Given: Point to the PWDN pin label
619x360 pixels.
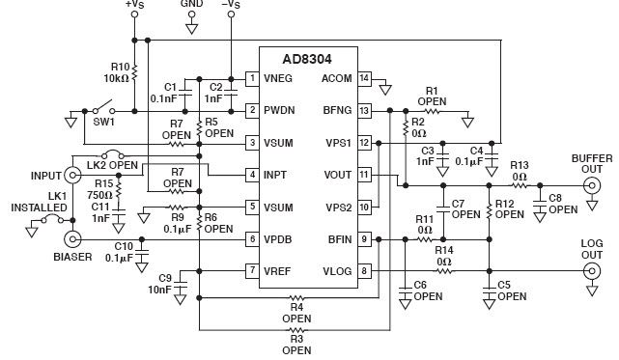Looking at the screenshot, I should (281, 111).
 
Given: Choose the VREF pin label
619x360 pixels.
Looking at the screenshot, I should (279, 270).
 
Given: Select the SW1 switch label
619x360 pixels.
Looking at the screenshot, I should (105, 123).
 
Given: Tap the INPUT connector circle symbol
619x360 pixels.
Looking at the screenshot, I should (70, 175).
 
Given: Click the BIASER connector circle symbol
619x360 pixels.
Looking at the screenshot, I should (70, 238).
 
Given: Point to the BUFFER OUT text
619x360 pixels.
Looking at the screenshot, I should (591, 163).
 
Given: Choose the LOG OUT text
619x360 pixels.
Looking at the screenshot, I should (592, 249).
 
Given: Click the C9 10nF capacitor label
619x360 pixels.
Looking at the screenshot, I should (160, 285).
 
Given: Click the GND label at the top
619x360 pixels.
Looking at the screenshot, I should (191, 6).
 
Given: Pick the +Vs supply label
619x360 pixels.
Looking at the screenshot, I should (135, 6).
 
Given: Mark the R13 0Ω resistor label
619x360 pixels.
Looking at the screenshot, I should (520, 171).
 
